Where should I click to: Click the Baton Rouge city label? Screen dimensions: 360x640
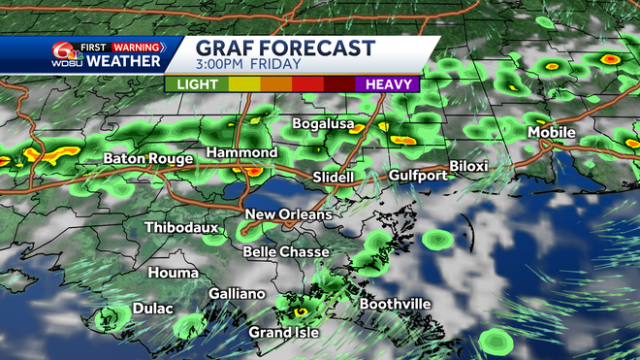(x=144, y=157)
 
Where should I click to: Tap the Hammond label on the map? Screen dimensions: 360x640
(x=243, y=153)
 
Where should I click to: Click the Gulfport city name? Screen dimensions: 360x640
(x=417, y=176)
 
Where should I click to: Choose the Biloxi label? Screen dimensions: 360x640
(x=469, y=167)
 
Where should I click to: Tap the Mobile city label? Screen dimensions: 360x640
(x=551, y=132)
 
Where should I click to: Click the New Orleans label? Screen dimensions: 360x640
(x=288, y=214)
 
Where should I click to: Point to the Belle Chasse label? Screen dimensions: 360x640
(x=285, y=252)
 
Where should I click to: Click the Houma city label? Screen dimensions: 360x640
(x=174, y=274)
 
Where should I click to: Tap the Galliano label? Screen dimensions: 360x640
(x=237, y=294)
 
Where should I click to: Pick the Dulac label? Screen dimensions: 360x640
(x=152, y=309)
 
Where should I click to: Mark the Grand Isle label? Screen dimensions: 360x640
(x=284, y=333)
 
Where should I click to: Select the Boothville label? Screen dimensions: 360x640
(x=395, y=305)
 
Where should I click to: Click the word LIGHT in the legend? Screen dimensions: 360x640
(x=196, y=84)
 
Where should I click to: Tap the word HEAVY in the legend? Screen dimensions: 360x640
(x=387, y=84)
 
